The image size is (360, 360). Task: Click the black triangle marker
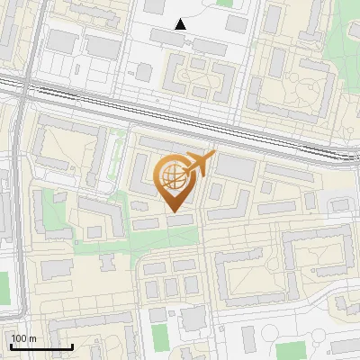(181, 24)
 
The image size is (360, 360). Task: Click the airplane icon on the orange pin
(197, 164)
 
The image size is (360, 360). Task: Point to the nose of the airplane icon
(212, 155)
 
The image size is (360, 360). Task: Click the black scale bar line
(40, 346)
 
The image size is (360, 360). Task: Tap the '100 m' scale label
(24, 338)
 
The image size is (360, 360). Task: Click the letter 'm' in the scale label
(32, 338)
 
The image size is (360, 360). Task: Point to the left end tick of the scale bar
(10, 345)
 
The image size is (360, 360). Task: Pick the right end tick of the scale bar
(72, 345)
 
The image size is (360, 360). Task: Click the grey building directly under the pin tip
(179, 220)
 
